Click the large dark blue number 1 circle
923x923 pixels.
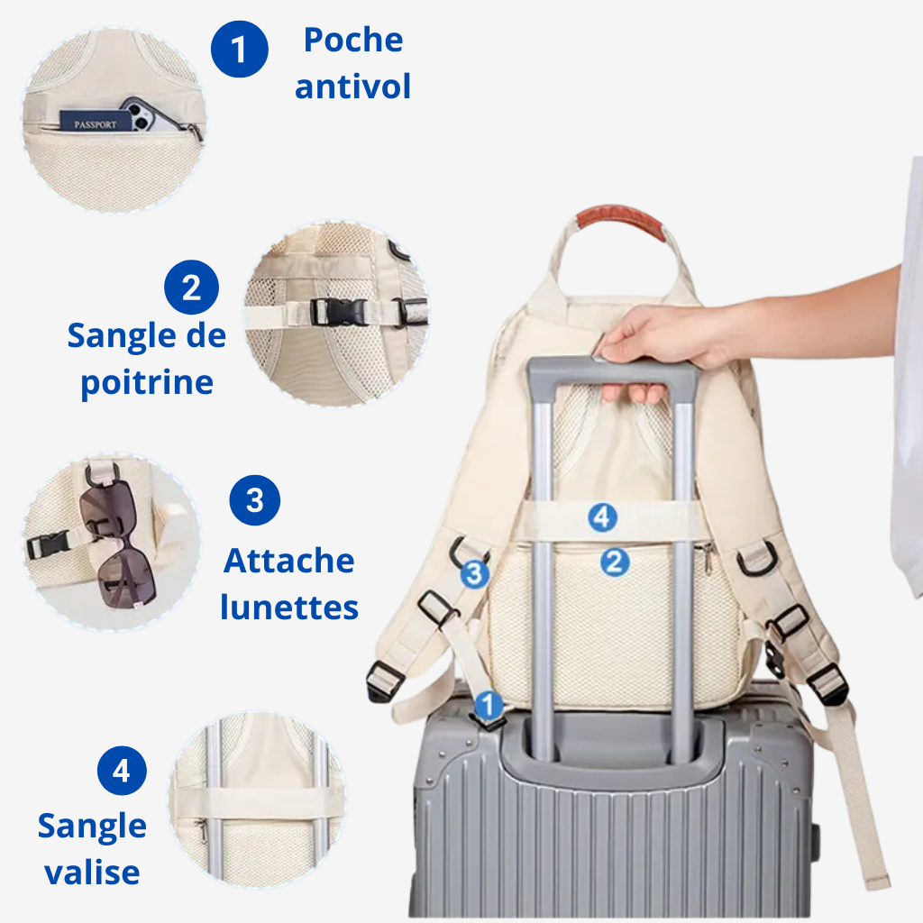240,50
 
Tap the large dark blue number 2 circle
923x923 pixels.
191,288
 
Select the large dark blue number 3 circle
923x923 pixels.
255,500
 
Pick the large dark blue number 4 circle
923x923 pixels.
122,771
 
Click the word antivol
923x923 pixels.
352,87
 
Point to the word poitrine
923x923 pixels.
147,383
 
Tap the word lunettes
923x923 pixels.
289,608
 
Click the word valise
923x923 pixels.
93,872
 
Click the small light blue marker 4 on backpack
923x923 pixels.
603,518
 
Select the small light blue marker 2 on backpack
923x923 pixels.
615,562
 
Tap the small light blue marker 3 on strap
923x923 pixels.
474,573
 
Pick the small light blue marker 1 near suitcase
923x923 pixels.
488,705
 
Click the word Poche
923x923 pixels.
353,40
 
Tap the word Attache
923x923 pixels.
289,561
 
